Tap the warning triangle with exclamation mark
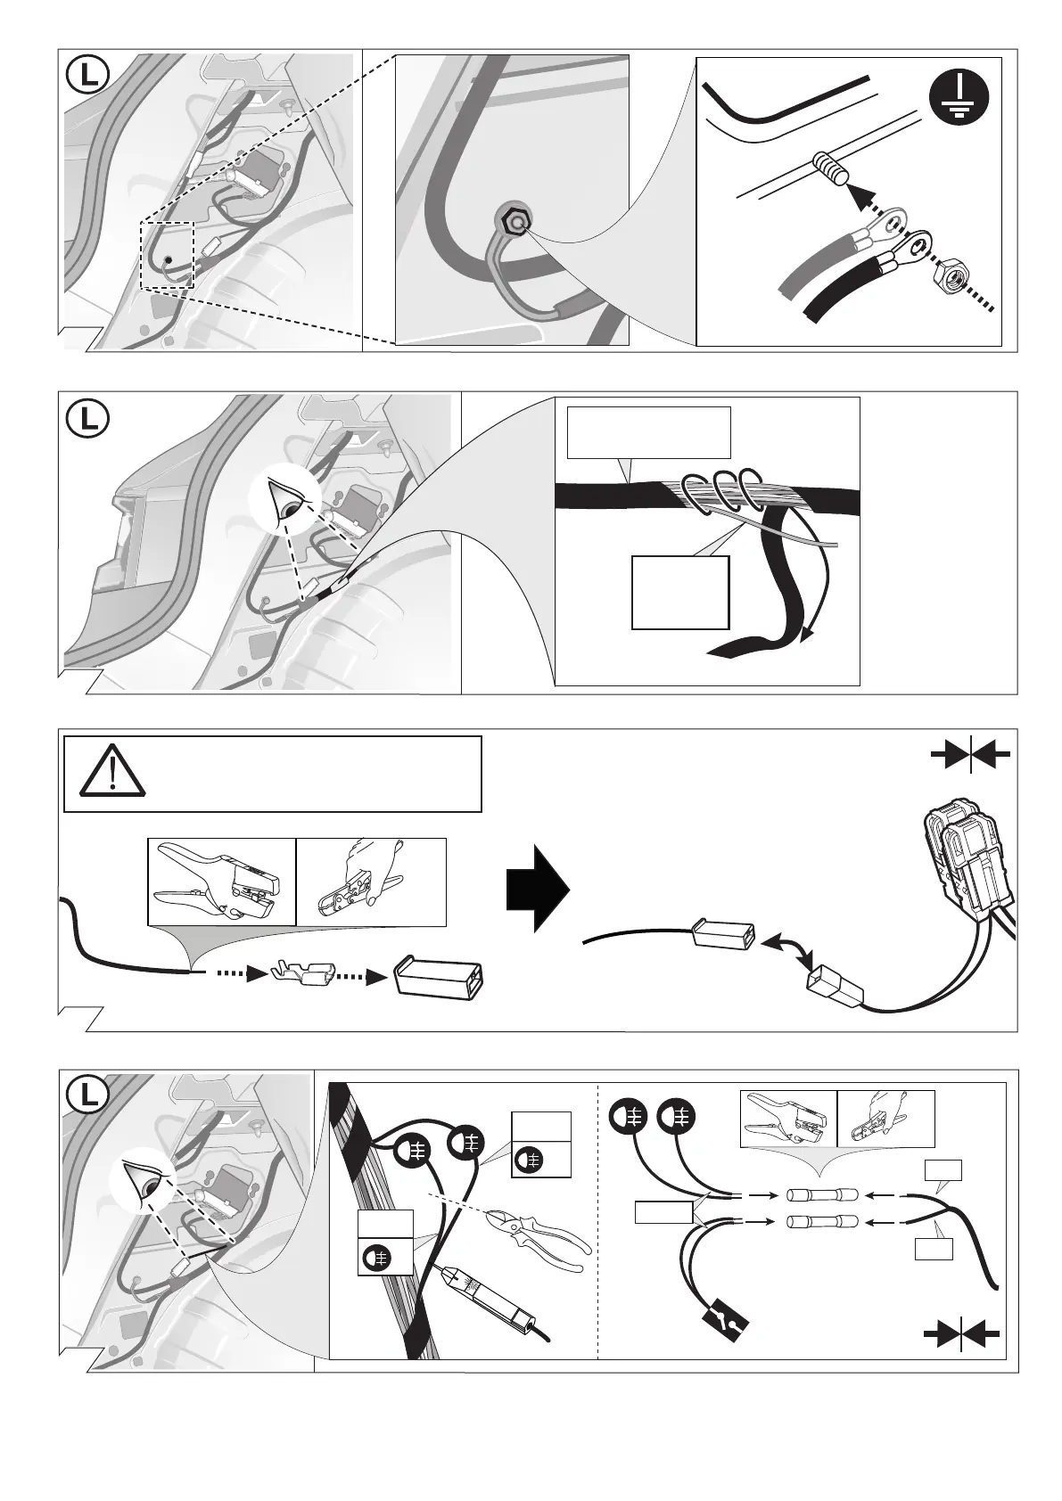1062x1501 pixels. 112,770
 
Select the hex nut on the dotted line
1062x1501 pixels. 951,279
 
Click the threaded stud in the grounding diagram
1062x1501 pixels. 830,169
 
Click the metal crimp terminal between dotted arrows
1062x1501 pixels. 304,974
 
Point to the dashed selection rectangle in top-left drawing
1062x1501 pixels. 167,255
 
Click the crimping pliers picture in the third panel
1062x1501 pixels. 221,882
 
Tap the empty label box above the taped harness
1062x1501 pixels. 648,432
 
